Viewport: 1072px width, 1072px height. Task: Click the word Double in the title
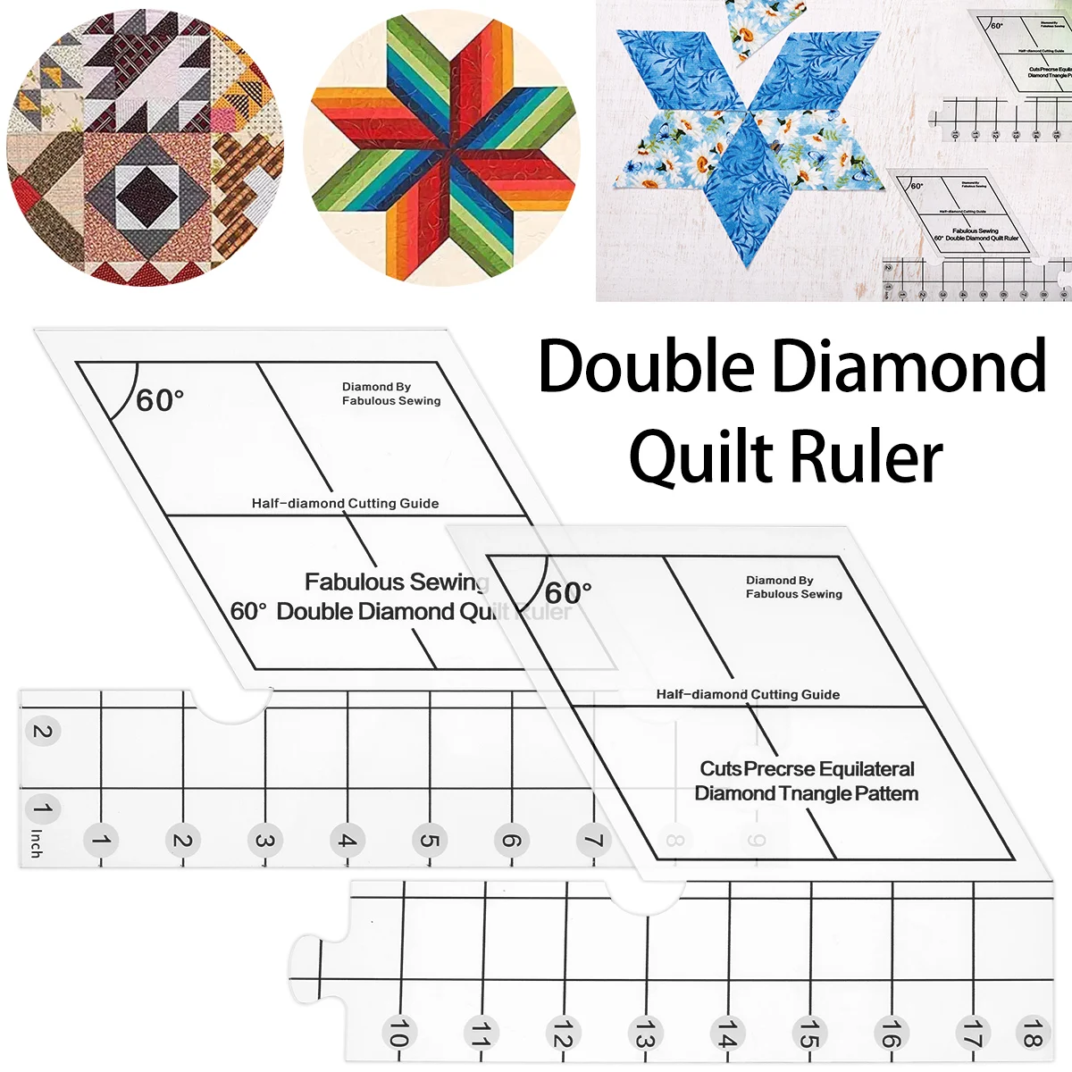point(646,366)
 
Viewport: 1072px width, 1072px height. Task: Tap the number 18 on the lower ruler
point(1032,1034)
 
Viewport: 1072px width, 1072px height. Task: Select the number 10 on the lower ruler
point(398,1034)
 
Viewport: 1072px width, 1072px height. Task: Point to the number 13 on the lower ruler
point(644,1034)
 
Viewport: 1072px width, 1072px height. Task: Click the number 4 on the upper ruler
point(347,841)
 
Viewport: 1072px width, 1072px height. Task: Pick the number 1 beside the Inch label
point(41,809)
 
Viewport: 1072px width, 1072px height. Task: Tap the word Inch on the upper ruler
point(37,843)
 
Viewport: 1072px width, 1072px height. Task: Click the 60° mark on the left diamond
point(160,400)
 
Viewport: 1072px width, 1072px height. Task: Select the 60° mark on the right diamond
point(568,592)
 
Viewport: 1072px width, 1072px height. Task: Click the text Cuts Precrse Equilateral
point(807,769)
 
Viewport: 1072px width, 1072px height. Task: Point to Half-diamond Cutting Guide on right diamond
point(748,694)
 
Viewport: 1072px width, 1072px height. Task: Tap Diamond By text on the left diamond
point(376,387)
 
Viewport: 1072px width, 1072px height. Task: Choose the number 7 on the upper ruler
point(593,841)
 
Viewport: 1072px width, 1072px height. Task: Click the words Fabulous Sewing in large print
point(397,582)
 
